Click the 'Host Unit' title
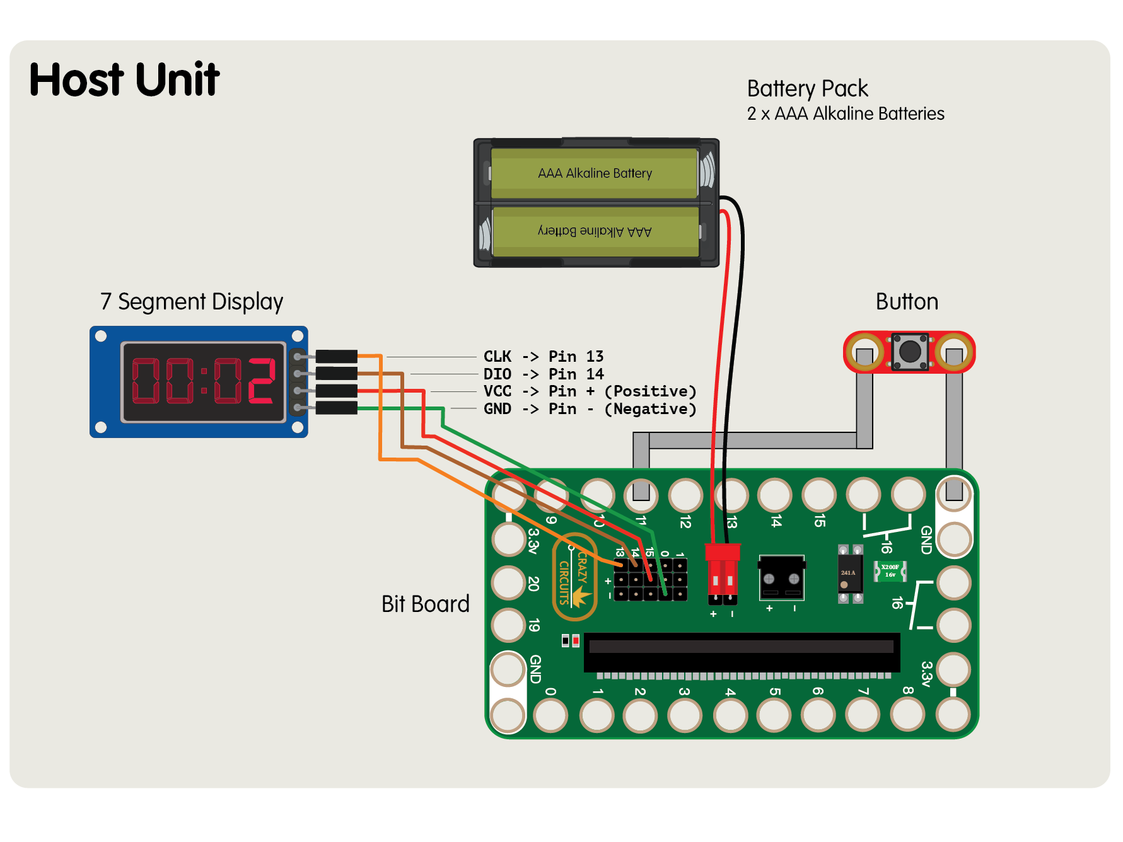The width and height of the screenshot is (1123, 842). tap(124, 80)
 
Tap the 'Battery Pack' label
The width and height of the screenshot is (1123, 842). tap(807, 89)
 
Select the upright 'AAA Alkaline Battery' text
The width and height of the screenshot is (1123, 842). tap(595, 173)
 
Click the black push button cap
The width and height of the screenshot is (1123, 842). tap(910, 351)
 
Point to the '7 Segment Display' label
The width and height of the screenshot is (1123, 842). tap(192, 302)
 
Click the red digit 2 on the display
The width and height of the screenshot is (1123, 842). tap(261, 381)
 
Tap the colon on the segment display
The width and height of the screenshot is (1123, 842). tap(204, 381)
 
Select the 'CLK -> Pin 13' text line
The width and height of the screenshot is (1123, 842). tap(543, 357)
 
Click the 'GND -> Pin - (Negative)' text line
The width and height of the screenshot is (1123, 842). tap(590, 409)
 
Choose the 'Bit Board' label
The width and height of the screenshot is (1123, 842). tap(426, 604)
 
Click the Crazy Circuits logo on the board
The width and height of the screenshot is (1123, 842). tap(574, 577)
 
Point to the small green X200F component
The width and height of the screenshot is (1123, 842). tap(890, 571)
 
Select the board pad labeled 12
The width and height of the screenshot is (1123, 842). tap(685, 495)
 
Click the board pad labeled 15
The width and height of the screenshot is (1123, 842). tap(818, 495)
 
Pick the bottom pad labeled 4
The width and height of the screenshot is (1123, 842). tap(730, 715)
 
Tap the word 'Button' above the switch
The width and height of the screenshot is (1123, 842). tap(907, 302)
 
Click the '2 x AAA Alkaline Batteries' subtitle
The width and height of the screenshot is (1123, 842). tap(846, 114)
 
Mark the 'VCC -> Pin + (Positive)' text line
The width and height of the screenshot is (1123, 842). tap(590, 391)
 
